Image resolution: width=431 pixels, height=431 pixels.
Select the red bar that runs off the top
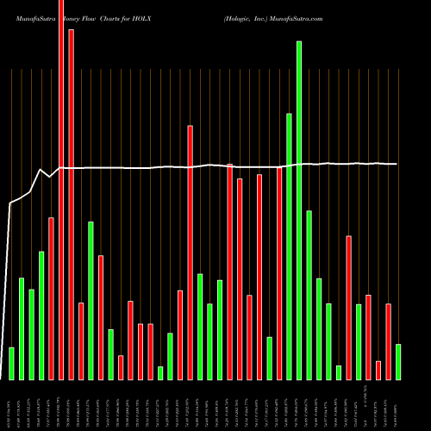tap(61, 190)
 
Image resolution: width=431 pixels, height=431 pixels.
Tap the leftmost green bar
tap(11, 363)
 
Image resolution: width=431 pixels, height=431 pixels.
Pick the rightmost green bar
tap(398, 361)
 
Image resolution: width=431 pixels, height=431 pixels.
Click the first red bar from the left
tap(51, 298)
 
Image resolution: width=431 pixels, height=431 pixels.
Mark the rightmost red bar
tap(389, 341)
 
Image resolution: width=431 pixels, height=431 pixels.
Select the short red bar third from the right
tap(378, 370)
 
